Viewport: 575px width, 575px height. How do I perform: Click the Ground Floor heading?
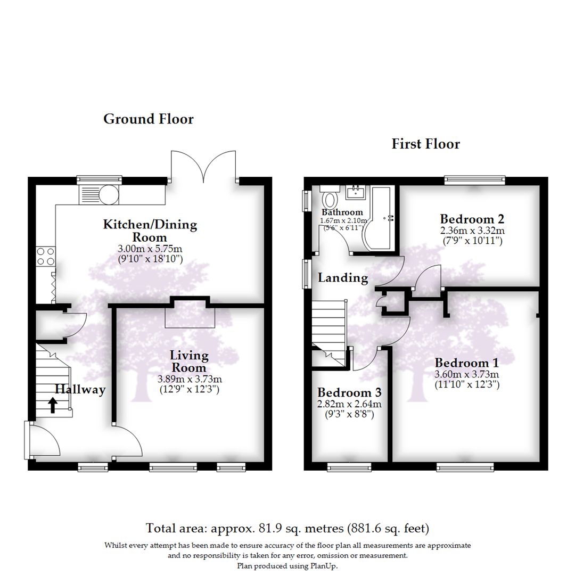(x=148, y=119)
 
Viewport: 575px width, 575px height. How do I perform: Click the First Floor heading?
(x=425, y=144)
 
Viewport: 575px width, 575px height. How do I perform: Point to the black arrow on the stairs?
(x=53, y=406)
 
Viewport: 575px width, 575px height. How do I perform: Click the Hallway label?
(x=80, y=390)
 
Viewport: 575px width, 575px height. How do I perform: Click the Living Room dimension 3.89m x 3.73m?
(x=190, y=379)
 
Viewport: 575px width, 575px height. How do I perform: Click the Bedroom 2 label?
(x=472, y=219)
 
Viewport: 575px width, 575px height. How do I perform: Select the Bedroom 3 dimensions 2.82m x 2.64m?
(x=349, y=404)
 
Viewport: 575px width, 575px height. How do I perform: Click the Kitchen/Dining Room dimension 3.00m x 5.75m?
(x=150, y=249)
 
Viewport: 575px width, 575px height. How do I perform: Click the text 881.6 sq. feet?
(x=388, y=529)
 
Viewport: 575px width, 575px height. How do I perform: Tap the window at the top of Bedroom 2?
(x=475, y=180)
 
